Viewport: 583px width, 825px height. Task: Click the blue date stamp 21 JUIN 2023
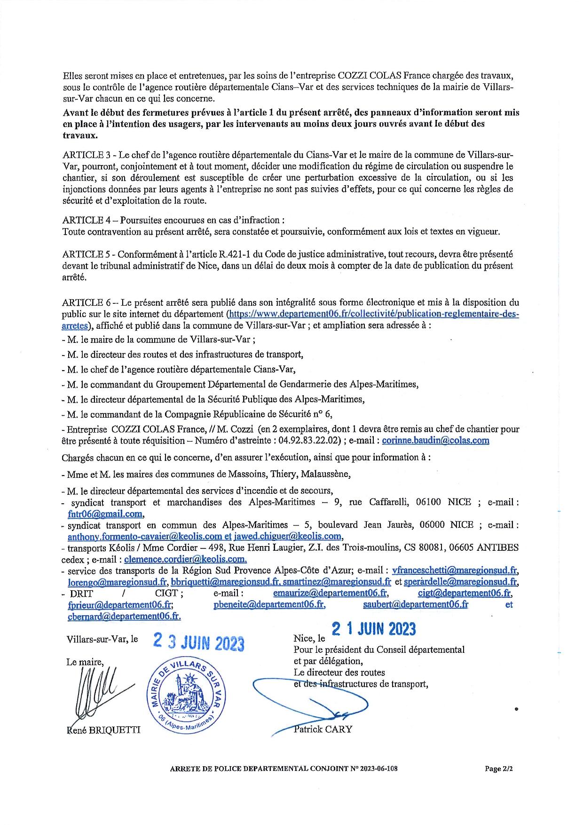[374, 629]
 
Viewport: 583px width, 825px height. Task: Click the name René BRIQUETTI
[104, 730]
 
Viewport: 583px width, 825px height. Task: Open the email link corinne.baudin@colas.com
[435, 441]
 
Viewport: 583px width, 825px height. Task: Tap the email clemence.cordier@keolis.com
[185, 559]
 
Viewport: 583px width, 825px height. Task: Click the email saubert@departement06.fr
[416, 604]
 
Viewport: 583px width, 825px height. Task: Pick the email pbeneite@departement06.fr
[269, 604]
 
